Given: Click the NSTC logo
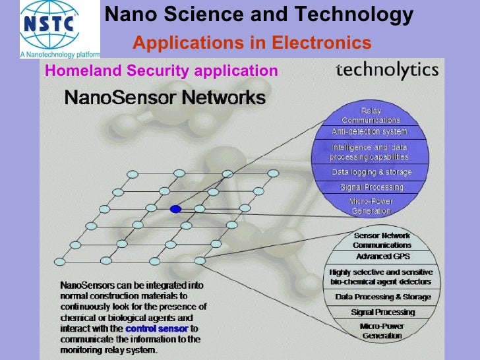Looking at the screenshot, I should [50, 29].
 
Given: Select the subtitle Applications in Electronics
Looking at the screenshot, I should [252, 44].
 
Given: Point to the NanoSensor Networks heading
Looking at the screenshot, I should [165, 99].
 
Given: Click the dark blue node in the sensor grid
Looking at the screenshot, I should [175, 209].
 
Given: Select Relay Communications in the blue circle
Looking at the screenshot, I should [371, 115].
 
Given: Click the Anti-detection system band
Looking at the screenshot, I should [371, 131].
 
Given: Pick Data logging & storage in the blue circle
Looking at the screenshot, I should [371, 172].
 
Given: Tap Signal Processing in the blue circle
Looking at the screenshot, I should [371, 187].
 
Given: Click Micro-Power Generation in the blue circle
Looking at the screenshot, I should [371, 206].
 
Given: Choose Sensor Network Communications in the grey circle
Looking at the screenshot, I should [382, 240].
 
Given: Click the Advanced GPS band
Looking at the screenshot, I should [382, 256].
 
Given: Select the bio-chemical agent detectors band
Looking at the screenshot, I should [381, 277].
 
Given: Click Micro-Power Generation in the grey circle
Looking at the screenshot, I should [382, 330].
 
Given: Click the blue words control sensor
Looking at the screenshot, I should [157, 328].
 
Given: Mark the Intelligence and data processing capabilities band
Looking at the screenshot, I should [371, 152].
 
